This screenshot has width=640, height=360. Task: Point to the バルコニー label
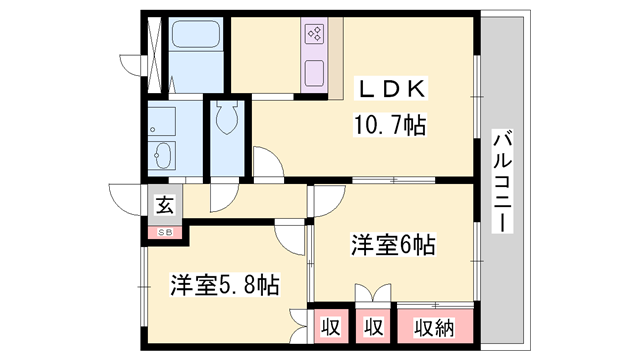503,180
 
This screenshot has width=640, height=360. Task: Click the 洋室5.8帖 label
223,285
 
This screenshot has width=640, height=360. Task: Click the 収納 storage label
436,326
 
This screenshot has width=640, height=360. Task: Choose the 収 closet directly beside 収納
373,326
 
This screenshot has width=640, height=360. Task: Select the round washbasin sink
161,157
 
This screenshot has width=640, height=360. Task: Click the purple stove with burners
314,37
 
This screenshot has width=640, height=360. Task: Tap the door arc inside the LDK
267,163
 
